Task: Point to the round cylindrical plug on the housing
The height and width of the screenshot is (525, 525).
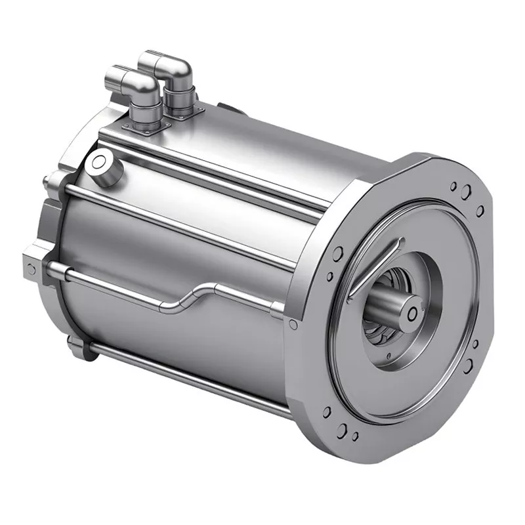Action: [x=104, y=161]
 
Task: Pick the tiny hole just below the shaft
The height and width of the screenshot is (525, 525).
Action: [x=392, y=355]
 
